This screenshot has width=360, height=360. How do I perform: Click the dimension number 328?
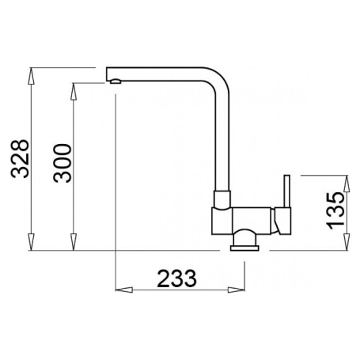click(x=20, y=159)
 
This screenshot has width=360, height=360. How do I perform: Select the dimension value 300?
click(x=63, y=163)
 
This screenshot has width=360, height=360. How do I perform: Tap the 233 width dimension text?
click(x=177, y=279)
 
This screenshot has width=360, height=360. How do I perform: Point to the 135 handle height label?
click(x=335, y=210)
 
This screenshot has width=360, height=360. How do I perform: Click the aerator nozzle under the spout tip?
click(x=116, y=81)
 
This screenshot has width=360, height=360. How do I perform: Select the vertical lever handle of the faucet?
click(x=287, y=191)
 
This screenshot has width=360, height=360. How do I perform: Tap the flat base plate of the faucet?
click(x=244, y=248)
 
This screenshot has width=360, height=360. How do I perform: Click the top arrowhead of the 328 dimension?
click(x=31, y=76)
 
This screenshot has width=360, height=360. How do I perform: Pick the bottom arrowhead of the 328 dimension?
click(x=31, y=242)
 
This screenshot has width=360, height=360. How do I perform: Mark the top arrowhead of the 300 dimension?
click(x=74, y=92)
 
